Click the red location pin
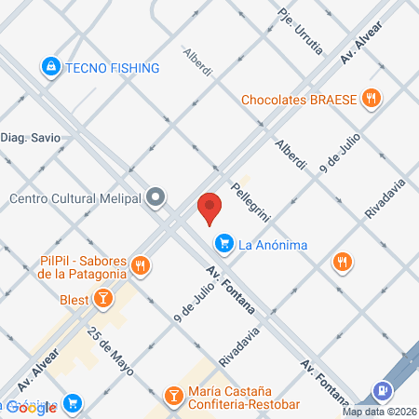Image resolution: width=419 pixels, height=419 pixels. tap(209, 207)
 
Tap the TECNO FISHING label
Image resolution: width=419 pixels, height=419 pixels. tap(112, 67)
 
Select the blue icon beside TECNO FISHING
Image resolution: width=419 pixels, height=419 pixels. tap(50, 67)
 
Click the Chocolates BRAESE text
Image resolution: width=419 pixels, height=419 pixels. tap(300, 98)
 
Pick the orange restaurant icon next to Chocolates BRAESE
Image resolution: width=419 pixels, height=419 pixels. tap(372, 98)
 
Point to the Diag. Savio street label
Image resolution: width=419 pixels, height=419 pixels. tap(31, 137)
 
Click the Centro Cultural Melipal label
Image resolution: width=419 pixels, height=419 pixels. tap(74, 197)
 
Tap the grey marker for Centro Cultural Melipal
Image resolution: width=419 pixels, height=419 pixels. tap(156, 197)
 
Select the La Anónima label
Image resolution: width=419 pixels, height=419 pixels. tap(274, 245)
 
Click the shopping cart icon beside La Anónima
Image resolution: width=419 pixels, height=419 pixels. tap(223, 245)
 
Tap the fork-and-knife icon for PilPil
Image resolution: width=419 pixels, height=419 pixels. tap(141, 265)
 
